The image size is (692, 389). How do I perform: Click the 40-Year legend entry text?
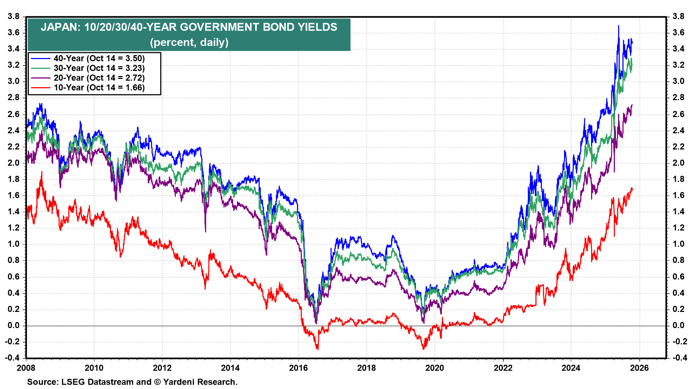(99, 58)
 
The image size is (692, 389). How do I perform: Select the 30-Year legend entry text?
(99, 68)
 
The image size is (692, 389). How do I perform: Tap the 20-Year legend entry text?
(99, 78)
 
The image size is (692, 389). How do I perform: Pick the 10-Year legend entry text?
(99, 88)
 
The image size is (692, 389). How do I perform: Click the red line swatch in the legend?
(40, 88)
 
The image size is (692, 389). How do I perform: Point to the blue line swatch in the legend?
(40, 58)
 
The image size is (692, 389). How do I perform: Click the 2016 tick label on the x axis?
(298, 368)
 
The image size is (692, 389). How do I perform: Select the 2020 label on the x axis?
(435, 368)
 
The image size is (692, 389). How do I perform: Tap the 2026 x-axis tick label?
(639, 368)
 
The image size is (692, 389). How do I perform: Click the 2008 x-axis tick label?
(26, 368)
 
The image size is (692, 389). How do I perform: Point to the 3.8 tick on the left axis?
(13, 16)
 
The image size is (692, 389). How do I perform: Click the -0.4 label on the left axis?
(12, 358)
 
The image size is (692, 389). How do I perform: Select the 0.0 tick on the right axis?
(678, 325)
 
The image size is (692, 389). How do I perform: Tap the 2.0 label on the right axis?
(678, 163)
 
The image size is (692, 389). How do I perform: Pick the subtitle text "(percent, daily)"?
(189, 43)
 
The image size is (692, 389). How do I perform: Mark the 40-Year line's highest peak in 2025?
(618, 26)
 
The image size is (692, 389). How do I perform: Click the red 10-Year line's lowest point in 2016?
(318, 349)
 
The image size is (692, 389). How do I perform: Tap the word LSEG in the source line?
(73, 382)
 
